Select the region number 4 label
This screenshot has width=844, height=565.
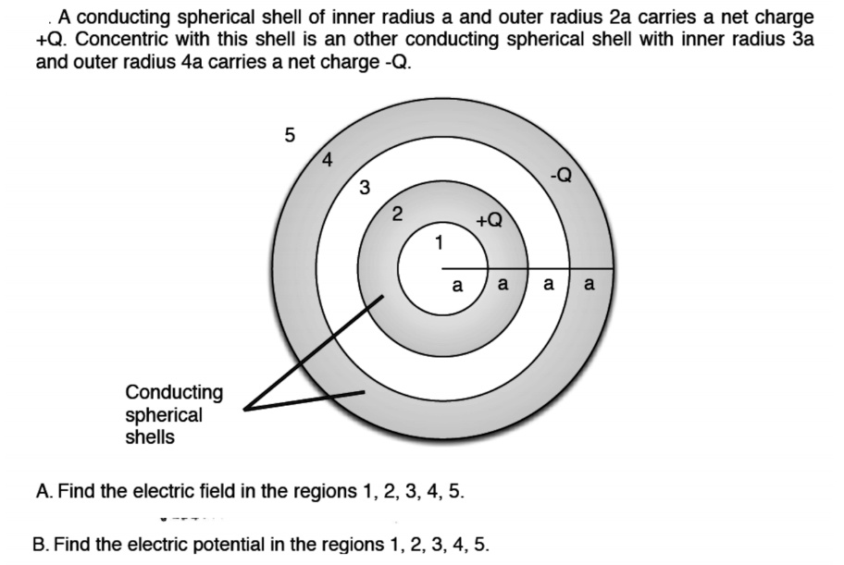pos(327,159)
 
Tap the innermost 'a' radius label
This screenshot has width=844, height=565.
pos(456,287)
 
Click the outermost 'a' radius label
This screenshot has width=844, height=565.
pos(590,287)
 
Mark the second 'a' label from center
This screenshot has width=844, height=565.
pos(503,285)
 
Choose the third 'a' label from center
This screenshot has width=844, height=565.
pos(548,286)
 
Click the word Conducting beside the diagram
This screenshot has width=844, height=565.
pos(174,392)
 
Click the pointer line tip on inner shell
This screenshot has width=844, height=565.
pos(381,299)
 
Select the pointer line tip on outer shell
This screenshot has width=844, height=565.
pos(363,392)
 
